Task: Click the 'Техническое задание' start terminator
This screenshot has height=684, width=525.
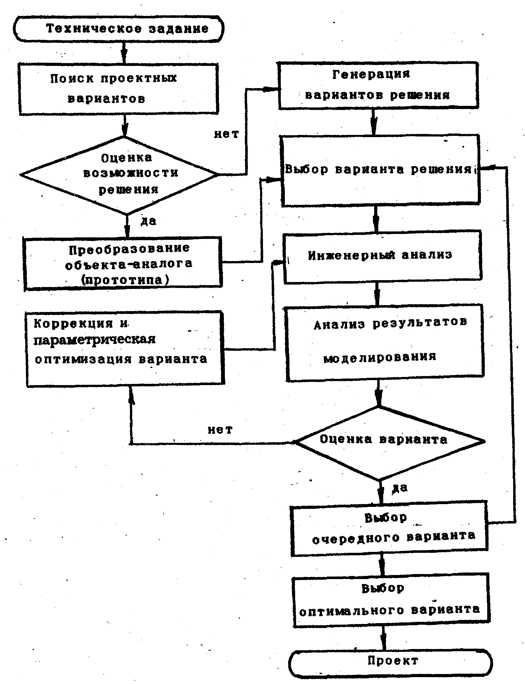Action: (118, 29)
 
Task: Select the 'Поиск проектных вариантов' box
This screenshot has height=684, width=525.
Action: (118, 89)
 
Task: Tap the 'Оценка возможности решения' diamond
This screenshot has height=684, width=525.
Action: (119, 175)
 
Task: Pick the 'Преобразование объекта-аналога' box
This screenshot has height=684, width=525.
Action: (123, 263)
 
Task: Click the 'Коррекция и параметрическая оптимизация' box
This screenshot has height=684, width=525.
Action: (125, 349)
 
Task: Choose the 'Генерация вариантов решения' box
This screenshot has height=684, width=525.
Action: (379, 85)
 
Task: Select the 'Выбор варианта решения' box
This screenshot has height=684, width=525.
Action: (381, 170)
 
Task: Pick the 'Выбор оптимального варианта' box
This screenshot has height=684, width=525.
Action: (391, 600)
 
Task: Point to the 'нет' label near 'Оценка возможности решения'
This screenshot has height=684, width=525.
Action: (226, 134)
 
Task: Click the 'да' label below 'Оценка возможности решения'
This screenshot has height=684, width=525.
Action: (148, 221)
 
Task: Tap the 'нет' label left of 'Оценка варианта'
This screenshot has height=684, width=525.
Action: (220, 430)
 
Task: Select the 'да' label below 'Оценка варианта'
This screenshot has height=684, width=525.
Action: (400, 488)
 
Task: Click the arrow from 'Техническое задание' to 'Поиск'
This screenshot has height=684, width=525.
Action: (124, 52)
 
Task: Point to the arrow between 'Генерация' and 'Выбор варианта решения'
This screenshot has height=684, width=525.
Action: (374, 122)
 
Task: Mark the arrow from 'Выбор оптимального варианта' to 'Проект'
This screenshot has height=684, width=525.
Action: (384, 638)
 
